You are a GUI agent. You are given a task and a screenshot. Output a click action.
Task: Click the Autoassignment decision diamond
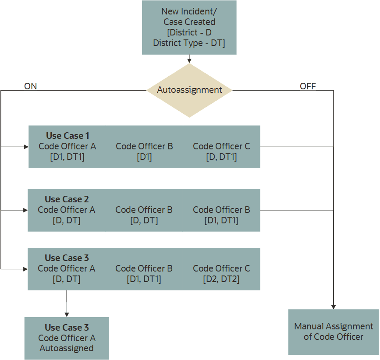pos(189,90)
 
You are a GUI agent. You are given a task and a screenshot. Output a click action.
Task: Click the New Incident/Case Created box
pos(189,27)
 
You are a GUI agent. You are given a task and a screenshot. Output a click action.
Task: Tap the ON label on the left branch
pos(31,86)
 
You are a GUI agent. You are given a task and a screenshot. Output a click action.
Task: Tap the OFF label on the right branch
pos(308,86)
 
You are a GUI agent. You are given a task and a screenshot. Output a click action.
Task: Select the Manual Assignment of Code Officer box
pos(334,332)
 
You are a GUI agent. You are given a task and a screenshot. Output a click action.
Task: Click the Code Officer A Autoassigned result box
pos(67,338)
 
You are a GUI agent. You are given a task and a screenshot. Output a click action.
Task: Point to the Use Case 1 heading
pos(67,136)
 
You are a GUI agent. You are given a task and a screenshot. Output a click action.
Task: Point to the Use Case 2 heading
pos(67,199)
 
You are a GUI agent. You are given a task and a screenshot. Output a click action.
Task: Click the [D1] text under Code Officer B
pos(144,157)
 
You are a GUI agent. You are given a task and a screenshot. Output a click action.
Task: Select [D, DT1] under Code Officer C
pos(221,157)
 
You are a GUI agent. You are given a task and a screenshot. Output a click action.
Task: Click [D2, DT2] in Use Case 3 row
pos(221,279)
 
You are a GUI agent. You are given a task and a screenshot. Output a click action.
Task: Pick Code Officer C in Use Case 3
pos(221,268)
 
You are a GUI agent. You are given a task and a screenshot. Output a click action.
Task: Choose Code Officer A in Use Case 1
pos(67,146)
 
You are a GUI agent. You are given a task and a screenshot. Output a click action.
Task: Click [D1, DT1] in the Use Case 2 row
pos(221,220)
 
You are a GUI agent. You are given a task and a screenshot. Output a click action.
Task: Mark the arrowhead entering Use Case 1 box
pos(26,147)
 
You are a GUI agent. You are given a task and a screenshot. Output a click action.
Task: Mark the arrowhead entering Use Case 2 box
pos(25,210)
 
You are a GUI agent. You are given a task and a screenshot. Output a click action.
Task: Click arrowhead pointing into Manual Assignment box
pos(334,307)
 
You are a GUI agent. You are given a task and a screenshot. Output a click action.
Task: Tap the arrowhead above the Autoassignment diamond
pos(189,60)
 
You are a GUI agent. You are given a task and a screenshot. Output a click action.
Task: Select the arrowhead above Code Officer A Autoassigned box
pos(67,314)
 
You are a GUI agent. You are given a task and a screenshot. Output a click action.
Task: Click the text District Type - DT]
pos(189,43)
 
